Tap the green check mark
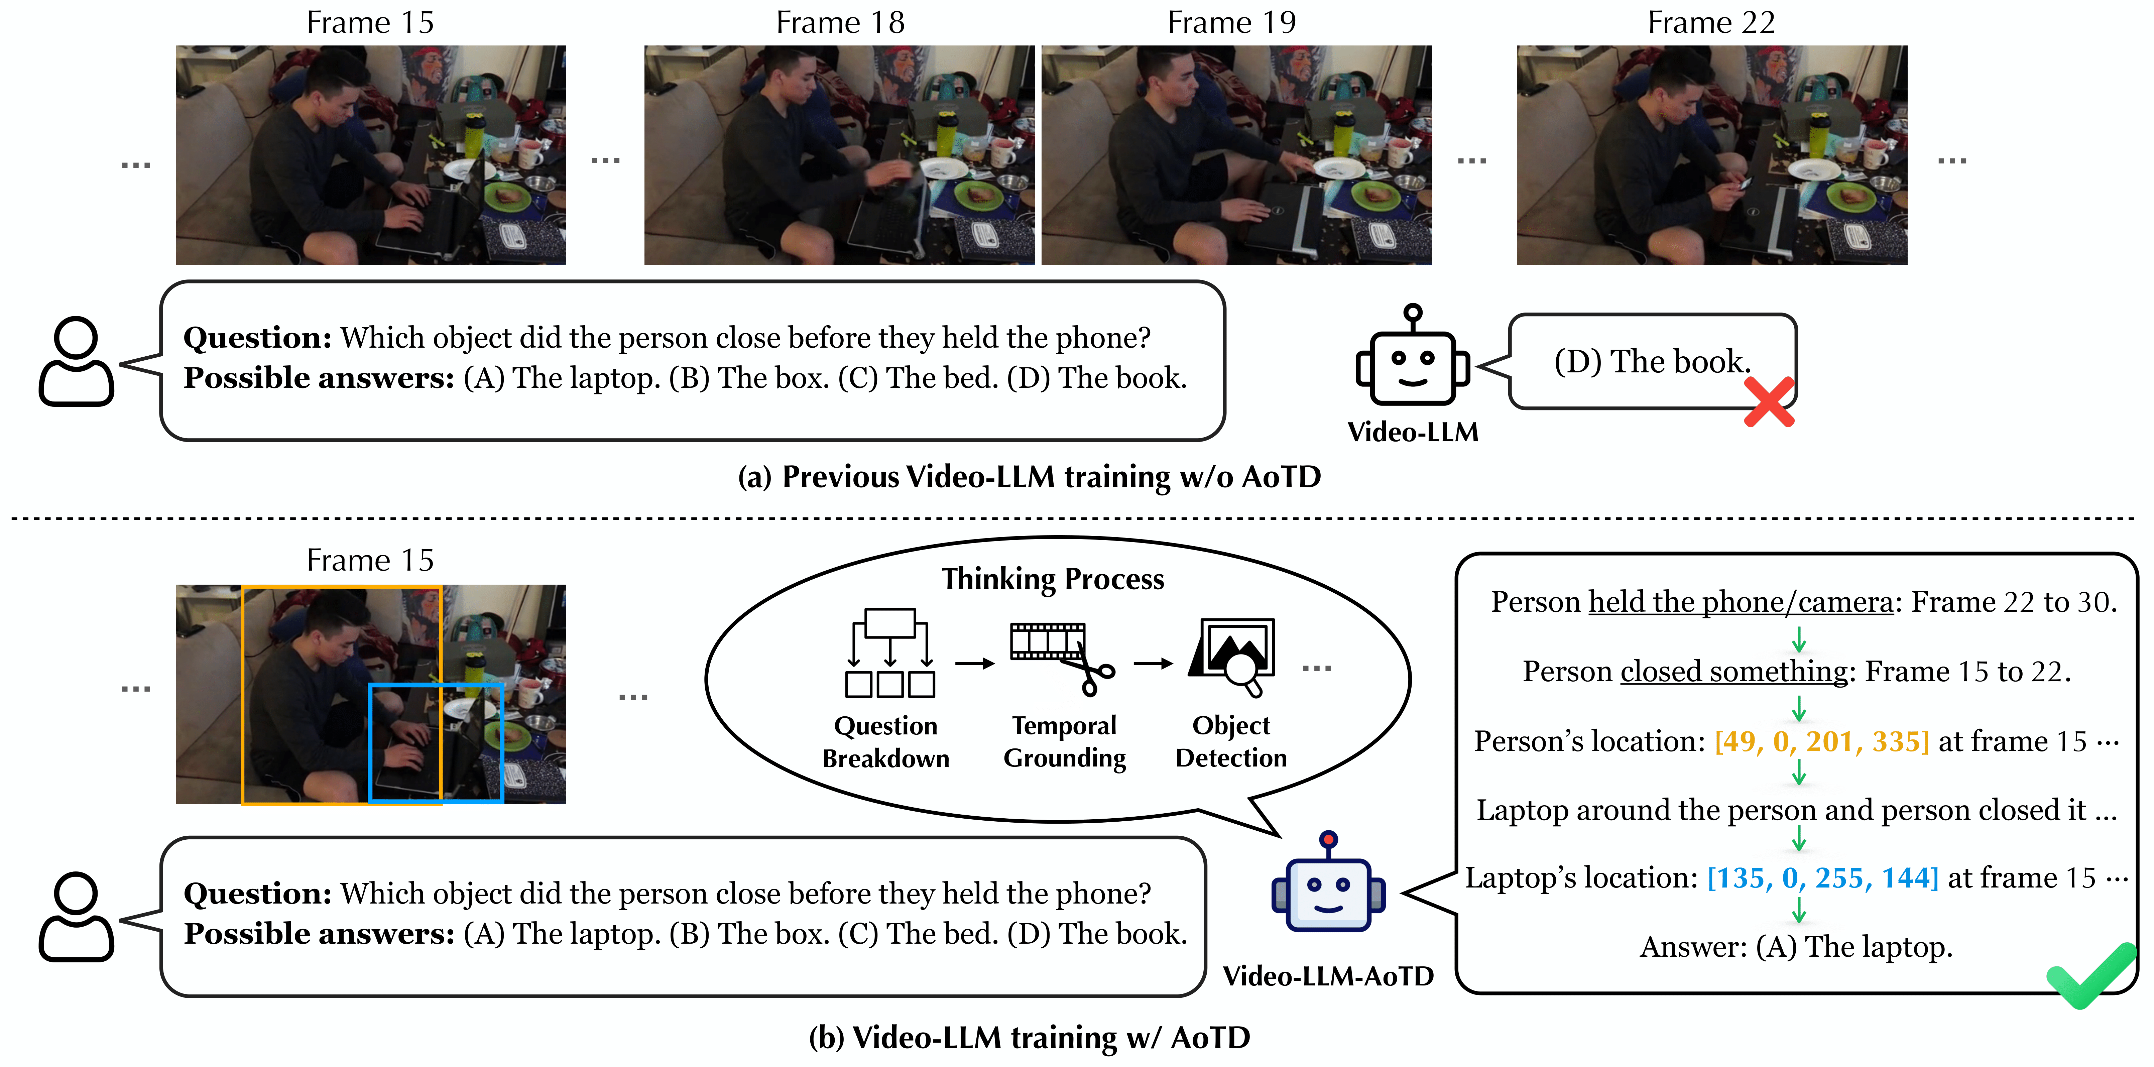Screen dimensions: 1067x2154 tap(2090, 975)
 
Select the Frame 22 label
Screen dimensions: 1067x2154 tap(1711, 23)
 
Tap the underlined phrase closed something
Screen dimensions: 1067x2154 tap(1733, 672)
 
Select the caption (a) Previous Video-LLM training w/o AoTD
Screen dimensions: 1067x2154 tap(1029, 477)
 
